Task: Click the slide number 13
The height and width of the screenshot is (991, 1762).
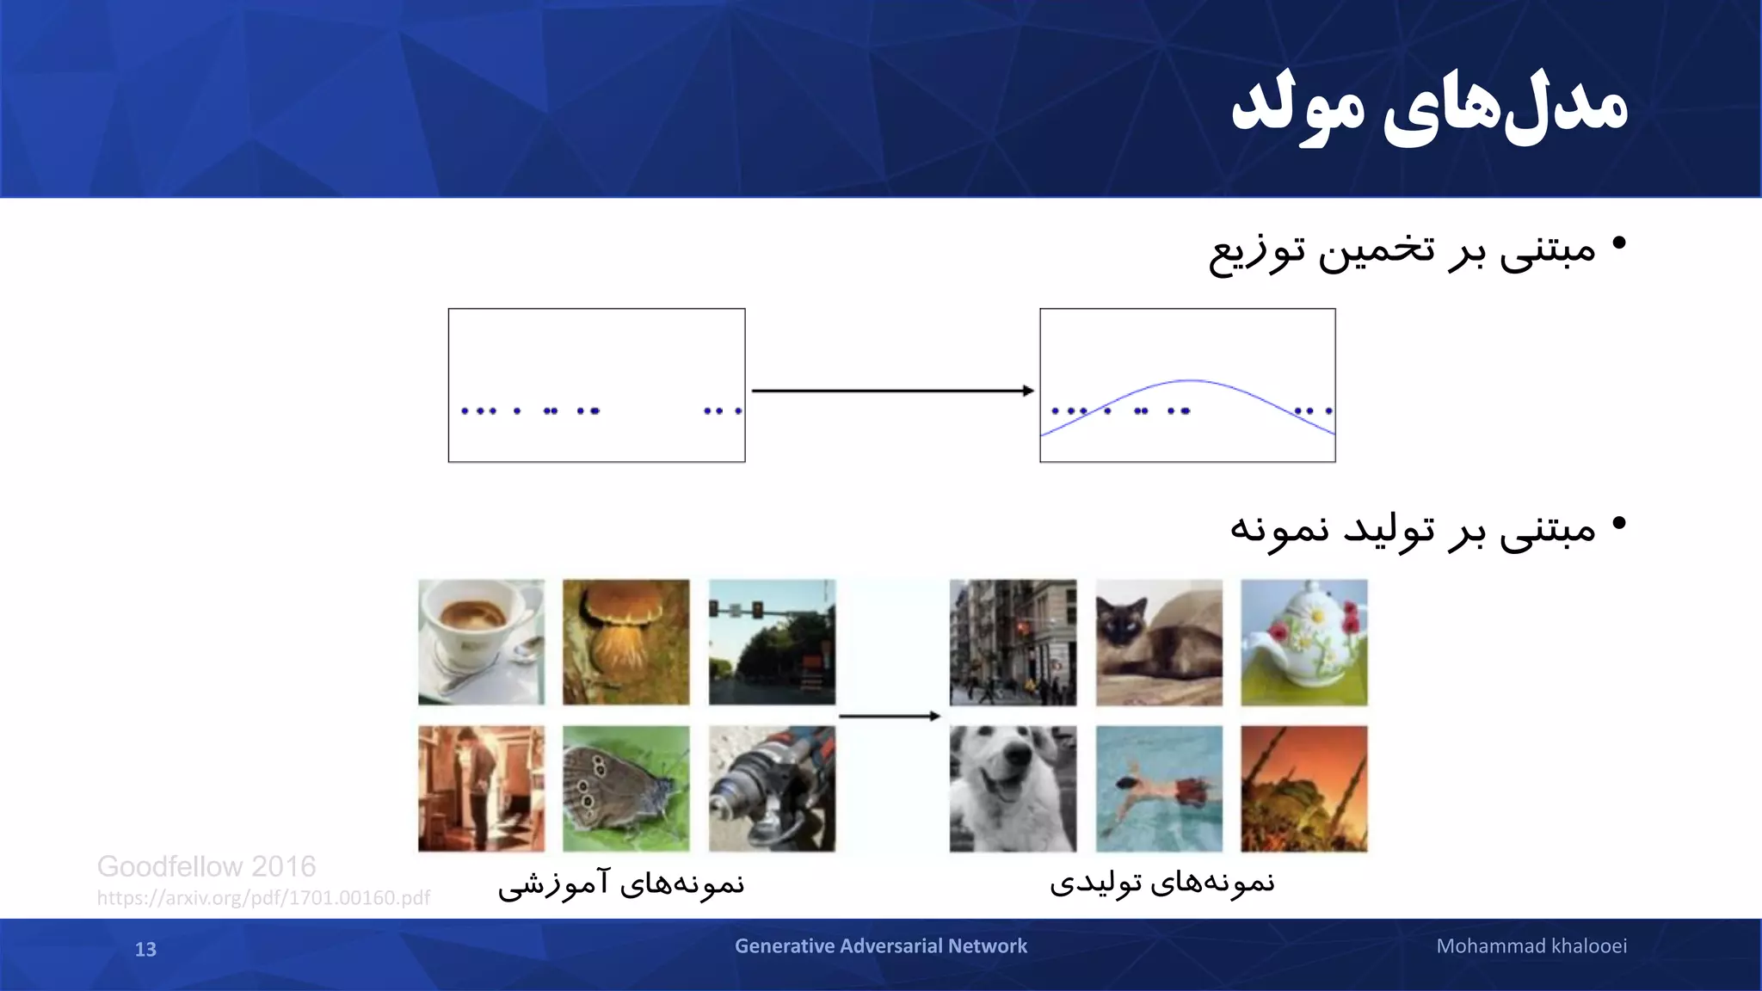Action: coord(145,949)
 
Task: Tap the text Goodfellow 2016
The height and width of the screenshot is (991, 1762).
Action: coord(206,866)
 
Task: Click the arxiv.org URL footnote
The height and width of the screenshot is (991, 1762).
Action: coord(263,898)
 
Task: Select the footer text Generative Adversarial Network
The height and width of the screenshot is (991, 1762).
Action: coord(880,946)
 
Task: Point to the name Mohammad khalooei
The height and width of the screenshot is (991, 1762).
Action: coord(1531,946)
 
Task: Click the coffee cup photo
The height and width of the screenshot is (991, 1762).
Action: coord(481,643)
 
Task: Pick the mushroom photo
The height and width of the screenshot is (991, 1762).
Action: coord(626,643)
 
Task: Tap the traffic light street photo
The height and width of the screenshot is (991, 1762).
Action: coord(772,643)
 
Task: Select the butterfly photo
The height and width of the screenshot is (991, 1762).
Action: coord(626,789)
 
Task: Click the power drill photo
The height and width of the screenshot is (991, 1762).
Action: coord(772,789)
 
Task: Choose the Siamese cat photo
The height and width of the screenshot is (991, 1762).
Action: coord(1159,643)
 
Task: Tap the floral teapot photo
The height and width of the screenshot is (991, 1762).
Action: coord(1303,643)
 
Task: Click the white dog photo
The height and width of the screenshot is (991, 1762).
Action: coord(1013,789)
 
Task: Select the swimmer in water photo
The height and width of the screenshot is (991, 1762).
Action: coord(1159,789)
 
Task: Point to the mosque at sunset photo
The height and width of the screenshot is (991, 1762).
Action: coord(1303,789)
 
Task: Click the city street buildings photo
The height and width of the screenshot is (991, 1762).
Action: coord(1013,643)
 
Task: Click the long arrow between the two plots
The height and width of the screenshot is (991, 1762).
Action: coord(892,391)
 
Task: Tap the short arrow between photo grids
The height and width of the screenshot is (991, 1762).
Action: coord(889,716)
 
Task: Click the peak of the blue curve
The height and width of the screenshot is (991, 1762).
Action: coord(1190,380)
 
